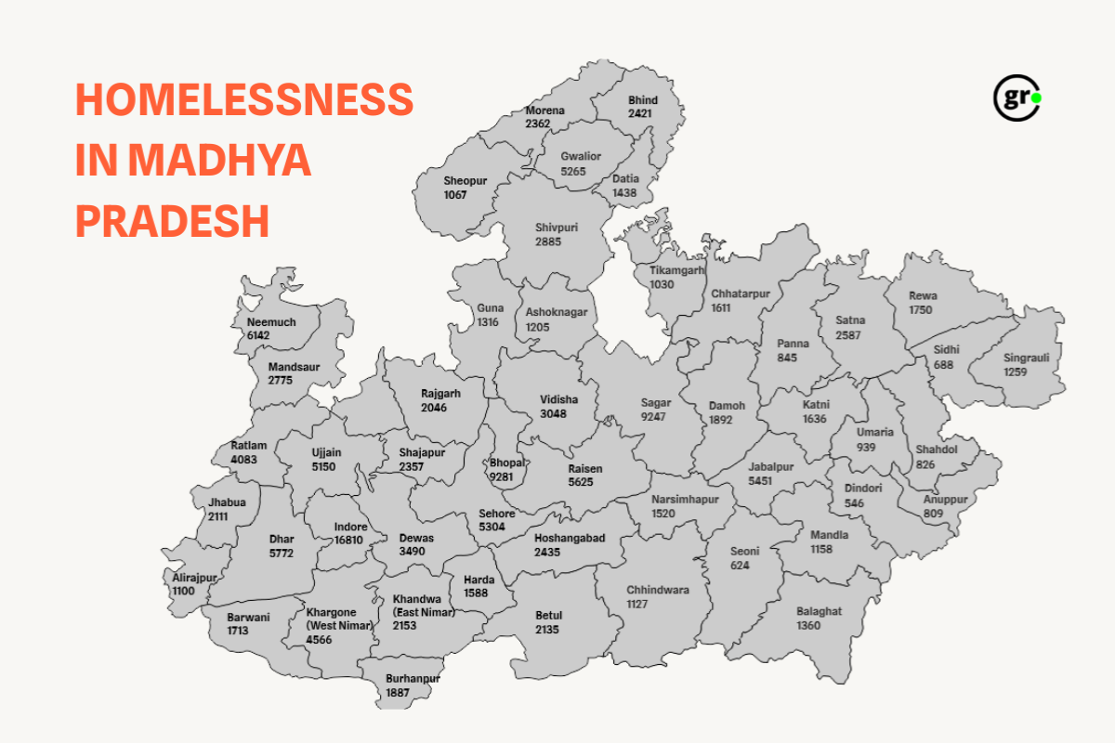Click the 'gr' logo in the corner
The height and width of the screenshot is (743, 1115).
1017,98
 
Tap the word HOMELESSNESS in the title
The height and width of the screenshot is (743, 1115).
244,100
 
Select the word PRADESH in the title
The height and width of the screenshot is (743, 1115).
172,221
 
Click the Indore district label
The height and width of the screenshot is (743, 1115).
351,528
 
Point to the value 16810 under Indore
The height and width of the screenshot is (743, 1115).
350,541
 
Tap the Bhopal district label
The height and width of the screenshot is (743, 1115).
508,463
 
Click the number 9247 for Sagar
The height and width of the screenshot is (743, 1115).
654,416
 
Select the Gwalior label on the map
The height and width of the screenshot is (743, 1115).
581,156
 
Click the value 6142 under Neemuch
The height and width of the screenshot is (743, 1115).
258,334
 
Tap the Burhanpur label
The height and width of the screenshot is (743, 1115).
413,679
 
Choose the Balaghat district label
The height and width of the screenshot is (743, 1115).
819,611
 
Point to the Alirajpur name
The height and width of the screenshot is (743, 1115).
194,578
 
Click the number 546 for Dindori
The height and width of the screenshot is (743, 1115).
854,502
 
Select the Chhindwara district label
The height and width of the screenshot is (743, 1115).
658,590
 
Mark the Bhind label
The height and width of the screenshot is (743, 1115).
642,100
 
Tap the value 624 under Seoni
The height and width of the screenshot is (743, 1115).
740,565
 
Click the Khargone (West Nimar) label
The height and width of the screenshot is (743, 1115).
339,619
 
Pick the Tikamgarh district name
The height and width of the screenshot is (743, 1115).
677,270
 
